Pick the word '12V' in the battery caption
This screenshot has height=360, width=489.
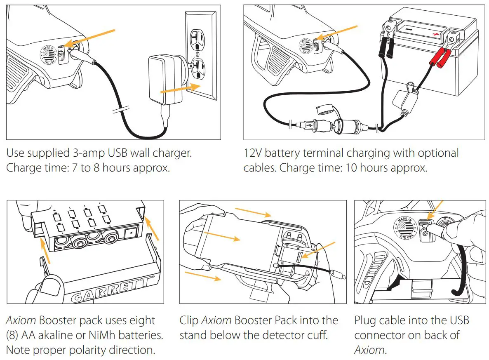[x=252, y=153]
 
